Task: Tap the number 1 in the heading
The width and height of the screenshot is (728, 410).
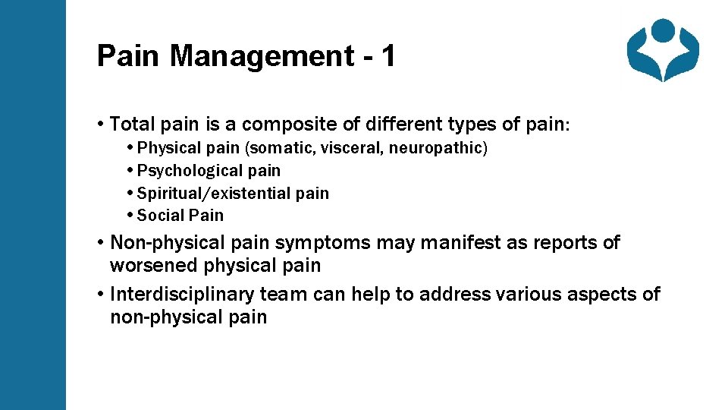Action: tap(388, 56)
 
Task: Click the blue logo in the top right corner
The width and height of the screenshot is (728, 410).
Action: tap(662, 49)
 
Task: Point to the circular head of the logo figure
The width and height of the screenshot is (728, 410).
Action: tap(663, 30)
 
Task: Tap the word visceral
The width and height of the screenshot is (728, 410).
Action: tap(353, 148)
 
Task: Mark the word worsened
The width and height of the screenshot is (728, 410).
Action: tap(154, 266)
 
